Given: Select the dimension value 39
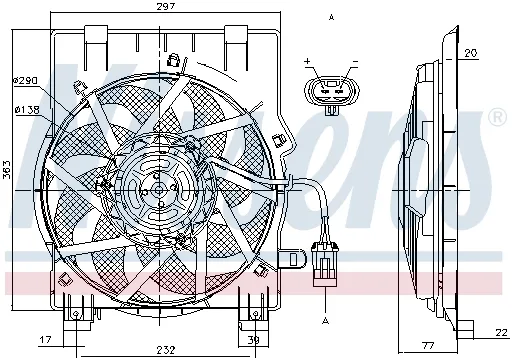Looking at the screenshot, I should (254, 340).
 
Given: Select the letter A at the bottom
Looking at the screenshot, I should (326, 319).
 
